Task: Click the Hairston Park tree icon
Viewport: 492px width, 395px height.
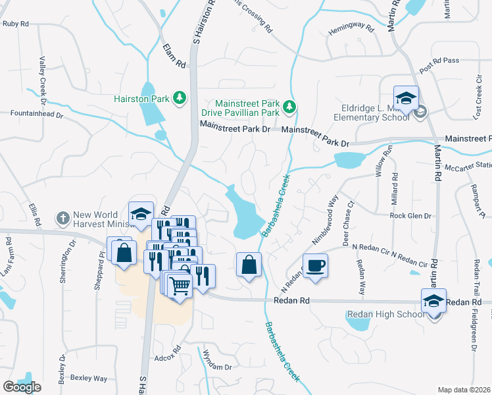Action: (x=178, y=99)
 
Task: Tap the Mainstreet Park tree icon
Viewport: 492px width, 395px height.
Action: (x=289, y=106)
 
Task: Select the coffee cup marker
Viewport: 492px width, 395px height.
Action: (x=315, y=265)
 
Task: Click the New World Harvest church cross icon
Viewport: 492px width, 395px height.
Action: (x=62, y=218)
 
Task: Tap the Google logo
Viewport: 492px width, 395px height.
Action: (x=22, y=387)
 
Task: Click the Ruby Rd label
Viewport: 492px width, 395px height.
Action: (x=16, y=24)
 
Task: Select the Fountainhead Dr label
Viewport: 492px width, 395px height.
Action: (x=36, y=114)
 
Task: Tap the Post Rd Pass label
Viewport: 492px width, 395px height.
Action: (x=439, y=65)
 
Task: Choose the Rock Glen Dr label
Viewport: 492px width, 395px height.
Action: (x=410, y=215)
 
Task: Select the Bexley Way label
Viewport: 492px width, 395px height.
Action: (x=89, y=379)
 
